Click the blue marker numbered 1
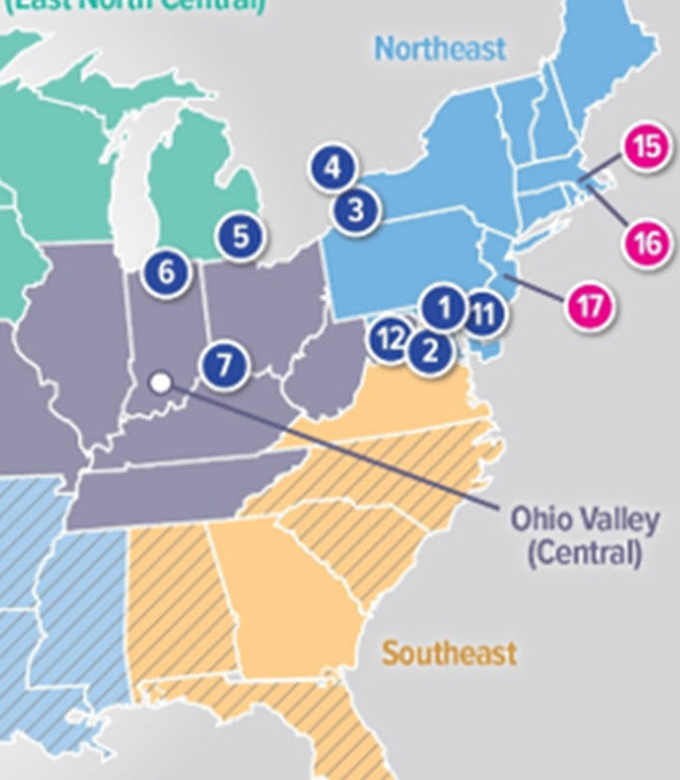[x=443, y=308]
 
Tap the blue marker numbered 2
[x=429, y=350]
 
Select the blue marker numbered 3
[x=356, y=210]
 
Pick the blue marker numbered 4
[x=332, y=168]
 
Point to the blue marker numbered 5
[x=241, y=236]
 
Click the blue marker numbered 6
[x=165, y=271]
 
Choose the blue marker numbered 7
[x=225, y=365]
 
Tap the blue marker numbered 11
[x=483, y=315]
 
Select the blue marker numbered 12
[x=390, y=340]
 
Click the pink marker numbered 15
[x=646, y=147]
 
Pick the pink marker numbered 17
[x=590, y=306]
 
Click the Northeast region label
[x=439, y=48]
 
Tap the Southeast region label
[x=449, y=653]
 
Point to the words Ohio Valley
[x=585, y=520]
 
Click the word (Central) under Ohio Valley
[x=585, y=551]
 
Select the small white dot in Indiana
[x=159, y=382]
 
